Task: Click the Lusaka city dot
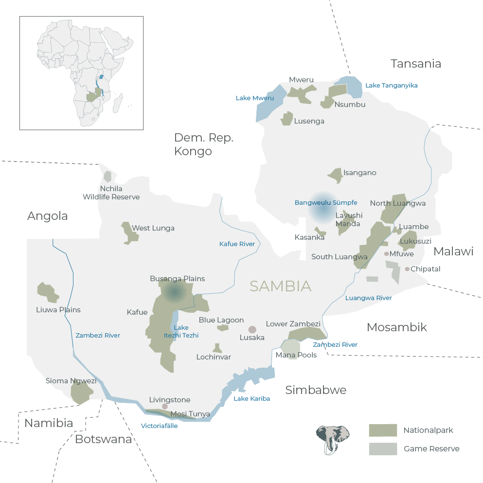252,329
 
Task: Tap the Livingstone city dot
165,406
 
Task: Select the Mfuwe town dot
387,254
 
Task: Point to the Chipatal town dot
407,269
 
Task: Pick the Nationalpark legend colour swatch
383,430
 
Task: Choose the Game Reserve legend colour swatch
383,449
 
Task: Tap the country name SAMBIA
280,286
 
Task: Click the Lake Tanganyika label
391,86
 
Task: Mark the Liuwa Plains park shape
48,292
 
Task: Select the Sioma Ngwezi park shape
81,392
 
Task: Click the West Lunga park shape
129,233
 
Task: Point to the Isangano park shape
336,175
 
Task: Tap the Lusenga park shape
287,119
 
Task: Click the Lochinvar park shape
217,348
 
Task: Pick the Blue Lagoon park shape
223,328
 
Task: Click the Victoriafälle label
159,426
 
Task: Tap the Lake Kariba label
251,399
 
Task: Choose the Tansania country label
416,64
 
